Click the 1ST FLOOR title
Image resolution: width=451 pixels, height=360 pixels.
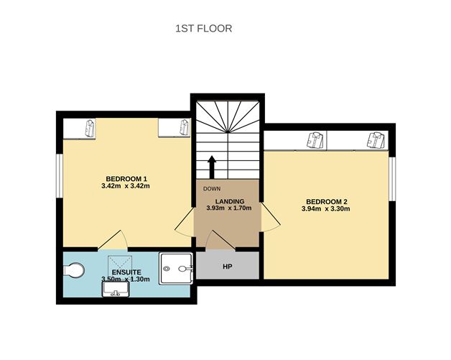[x=204, y=29]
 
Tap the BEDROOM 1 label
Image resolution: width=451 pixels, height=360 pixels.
[x=126, y=178]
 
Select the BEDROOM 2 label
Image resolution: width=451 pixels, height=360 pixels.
[x=327, y=201]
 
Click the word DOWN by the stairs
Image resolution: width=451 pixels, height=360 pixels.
[x=211, y=189]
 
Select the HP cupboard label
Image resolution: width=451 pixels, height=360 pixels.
[x=227, y=267]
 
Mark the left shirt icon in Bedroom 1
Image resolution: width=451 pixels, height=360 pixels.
[x=89, y=128]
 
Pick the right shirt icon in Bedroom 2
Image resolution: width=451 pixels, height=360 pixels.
[x=375, y=139]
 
